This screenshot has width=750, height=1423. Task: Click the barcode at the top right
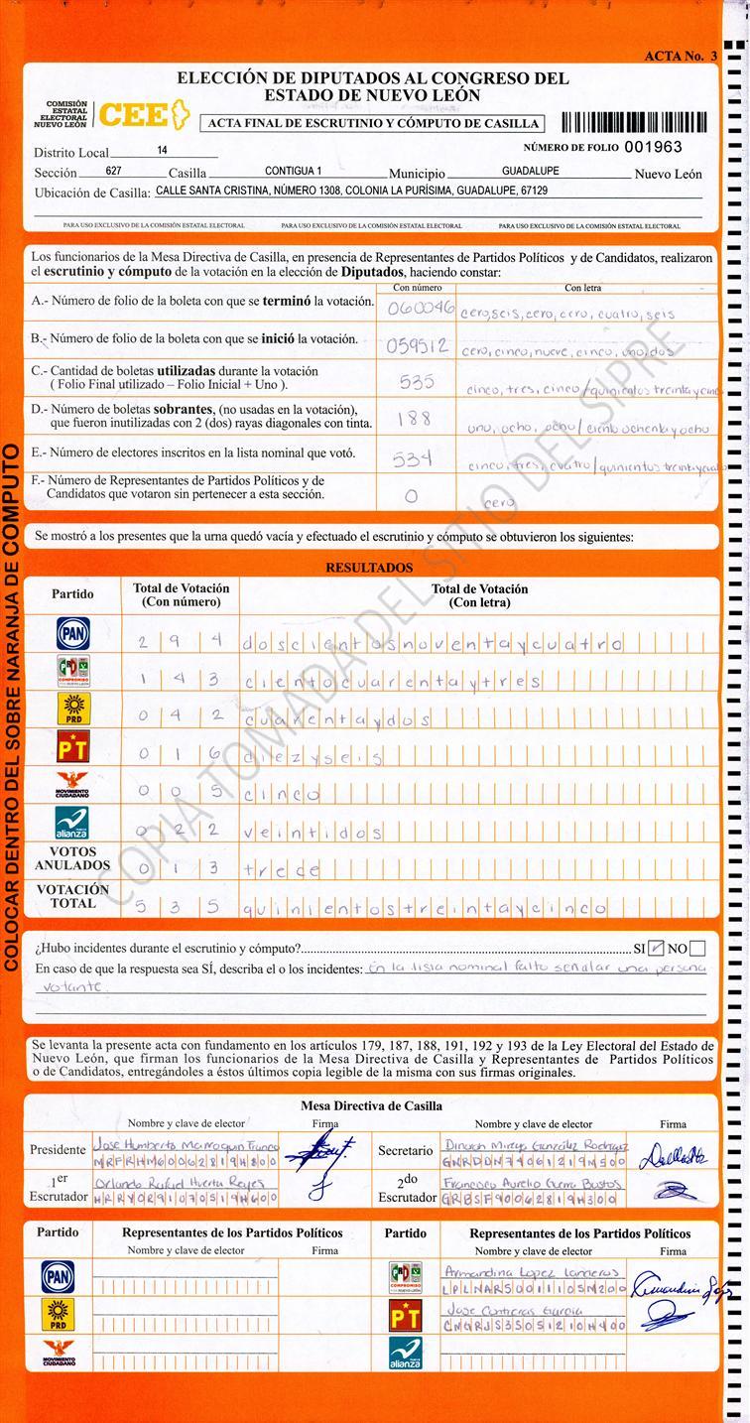[x=635, y=123]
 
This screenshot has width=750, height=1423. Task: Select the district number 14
[x=162, y=151]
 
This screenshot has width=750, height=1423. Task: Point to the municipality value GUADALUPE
[x=530, y=171]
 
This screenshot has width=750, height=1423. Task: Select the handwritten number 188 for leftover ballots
[x=414, y=419]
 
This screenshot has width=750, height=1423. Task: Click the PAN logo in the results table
[x=72, y=633]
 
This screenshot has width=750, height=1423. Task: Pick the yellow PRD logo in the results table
[x=72, y=709]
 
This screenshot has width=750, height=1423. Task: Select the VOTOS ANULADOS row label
[x=72, y=858]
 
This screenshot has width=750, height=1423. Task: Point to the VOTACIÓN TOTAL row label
[x=72, y=896]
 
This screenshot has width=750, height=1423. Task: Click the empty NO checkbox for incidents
[x=697, y=948]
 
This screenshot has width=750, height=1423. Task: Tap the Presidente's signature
[x=312, y=1150]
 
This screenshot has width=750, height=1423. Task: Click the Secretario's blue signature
[x=674, y=1154]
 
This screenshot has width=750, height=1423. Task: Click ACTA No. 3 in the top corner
[x=680, y=56]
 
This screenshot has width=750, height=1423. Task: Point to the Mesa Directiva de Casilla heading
[x=371, y=1105]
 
